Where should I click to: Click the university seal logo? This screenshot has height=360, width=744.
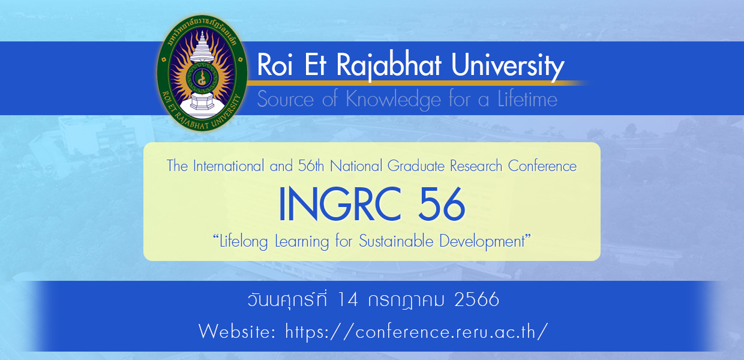coord(202,73)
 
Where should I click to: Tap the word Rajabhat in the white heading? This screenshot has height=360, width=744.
coord(389,66)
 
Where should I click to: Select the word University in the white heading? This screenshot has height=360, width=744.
coord(508,67)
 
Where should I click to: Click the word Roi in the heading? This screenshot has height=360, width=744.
coord(275,64)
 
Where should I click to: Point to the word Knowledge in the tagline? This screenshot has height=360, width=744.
coord(393,99)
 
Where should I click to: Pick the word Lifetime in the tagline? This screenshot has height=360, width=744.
coord(527,98)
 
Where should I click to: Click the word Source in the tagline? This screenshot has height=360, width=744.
coord(286,99)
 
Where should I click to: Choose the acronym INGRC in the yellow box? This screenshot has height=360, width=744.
coord(340,203)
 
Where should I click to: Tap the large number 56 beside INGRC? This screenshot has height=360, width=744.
coord(442,203)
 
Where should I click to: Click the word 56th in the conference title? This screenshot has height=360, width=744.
coord(311,166)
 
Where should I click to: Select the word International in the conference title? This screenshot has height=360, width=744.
coord(229,166)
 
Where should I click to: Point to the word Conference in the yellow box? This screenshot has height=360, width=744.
coord(542,166)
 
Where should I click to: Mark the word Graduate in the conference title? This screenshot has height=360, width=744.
coord(416,166)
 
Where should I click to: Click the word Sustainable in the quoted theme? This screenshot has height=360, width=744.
coord(396,241)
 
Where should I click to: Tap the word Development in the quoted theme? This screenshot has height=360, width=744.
coord(482,242)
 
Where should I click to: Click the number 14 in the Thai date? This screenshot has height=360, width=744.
coord(347,299)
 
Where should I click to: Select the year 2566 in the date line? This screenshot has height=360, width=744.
coord(476,299)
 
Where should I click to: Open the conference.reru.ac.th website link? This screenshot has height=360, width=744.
coord(416,331)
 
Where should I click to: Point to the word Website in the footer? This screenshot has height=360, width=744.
coord(237,331)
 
